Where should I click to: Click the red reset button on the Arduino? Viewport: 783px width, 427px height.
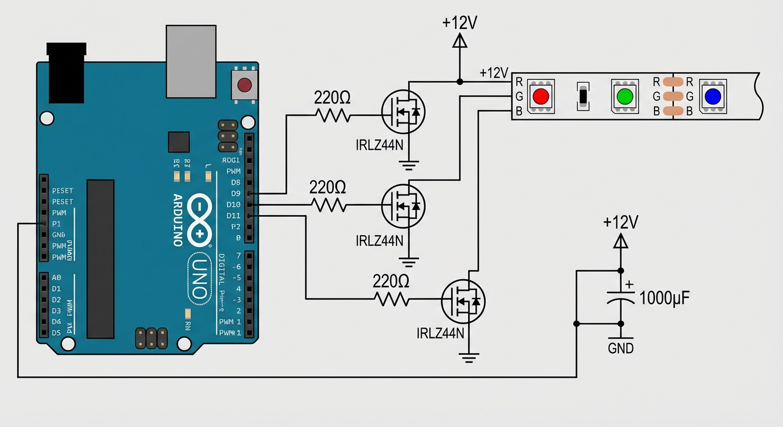coord(244,85)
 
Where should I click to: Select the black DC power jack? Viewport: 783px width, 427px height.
coord(67,73)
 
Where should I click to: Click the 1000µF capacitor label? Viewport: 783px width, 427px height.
coord(665,298)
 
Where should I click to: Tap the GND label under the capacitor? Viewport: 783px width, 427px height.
coord(621,349)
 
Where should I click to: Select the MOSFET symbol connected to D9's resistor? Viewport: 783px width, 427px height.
coord(403,112)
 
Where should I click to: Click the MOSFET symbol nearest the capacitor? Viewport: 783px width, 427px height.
coord(463,301)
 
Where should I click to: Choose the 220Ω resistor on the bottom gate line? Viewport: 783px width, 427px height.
coord(393,300)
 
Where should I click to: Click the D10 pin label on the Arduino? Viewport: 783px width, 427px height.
coord(234,205)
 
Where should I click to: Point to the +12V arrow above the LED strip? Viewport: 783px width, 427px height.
coord(459,41)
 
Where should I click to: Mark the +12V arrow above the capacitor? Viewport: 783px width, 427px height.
coord(621,241)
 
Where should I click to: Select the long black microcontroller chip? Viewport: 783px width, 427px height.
coord(101,259)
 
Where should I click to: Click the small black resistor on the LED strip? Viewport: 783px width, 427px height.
coord(582,96)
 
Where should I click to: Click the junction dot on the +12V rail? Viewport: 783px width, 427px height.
coord(459,82)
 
